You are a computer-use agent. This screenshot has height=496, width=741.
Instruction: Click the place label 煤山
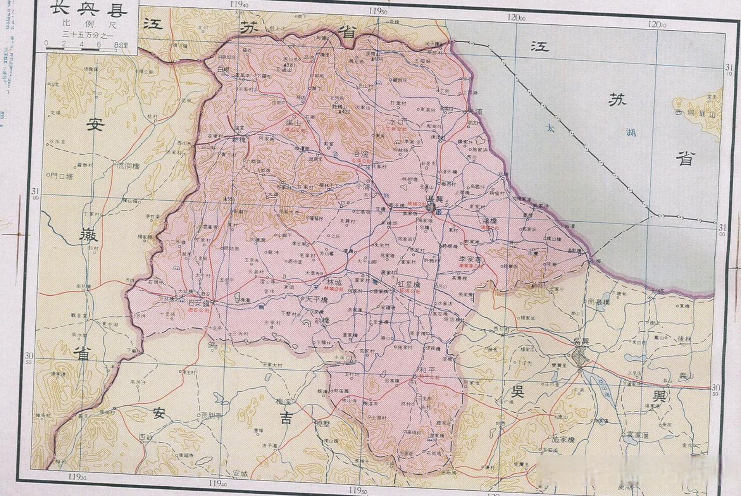pos(293,123)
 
